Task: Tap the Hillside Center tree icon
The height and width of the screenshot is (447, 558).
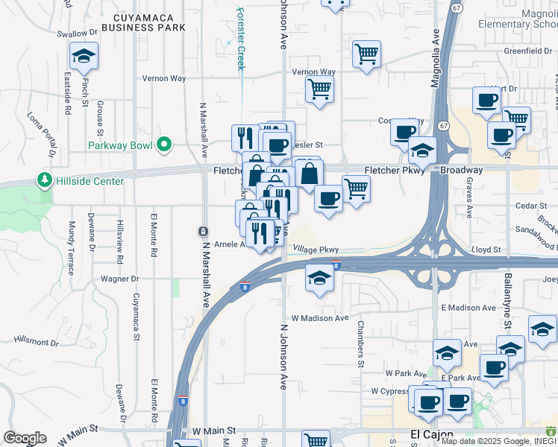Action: (x=45, y=181)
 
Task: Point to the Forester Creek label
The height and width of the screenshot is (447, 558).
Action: (x=240, y=37)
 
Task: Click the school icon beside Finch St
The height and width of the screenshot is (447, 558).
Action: (x=84, y=55)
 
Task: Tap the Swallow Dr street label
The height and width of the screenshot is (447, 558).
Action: (x=78, y=33)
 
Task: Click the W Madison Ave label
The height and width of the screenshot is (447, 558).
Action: (x=320, y=318)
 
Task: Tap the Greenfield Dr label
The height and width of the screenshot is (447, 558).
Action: (x=527, y=51)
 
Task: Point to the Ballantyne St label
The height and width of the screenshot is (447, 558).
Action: (x=507, y=306)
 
